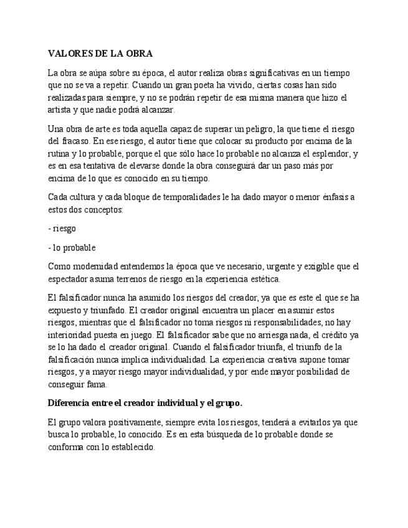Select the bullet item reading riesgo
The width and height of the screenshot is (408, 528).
pos(64,229)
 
